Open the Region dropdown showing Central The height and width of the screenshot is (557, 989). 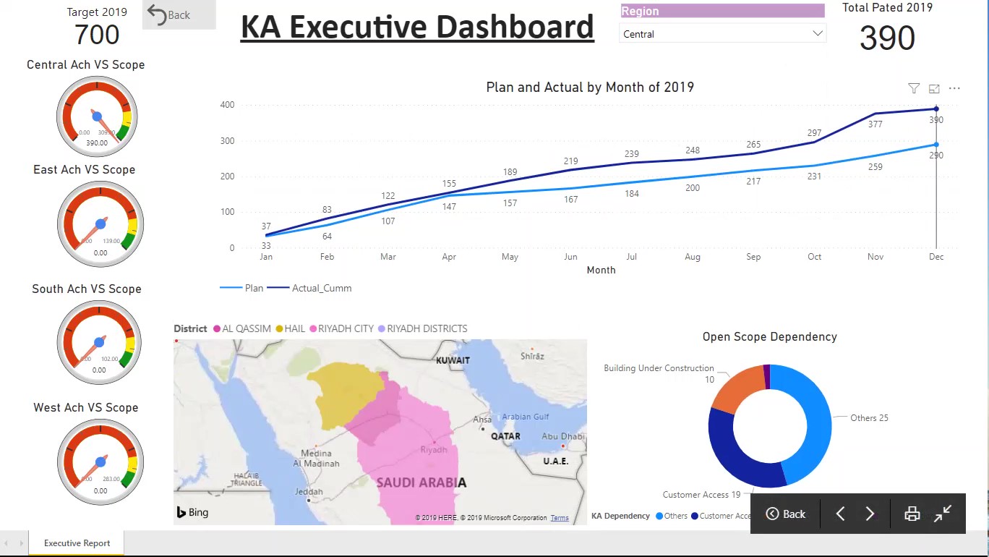click(722, 34)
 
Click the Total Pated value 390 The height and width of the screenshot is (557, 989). click(887, 38)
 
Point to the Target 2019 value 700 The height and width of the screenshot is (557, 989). click(97, 35)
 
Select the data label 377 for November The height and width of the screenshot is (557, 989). click(875, 124)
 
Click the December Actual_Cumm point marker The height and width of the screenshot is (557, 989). click(936, 109)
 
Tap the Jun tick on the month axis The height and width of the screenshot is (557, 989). click(570, 257)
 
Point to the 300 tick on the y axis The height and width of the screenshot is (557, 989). click(227, 140)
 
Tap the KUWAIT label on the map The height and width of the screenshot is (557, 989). click(453, 360)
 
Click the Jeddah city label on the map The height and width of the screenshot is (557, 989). click(309, 492)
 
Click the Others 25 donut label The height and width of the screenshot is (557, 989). click(869, 418)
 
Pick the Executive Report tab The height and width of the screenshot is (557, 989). click(77, 543)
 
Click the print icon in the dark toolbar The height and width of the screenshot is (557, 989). click(912, 514)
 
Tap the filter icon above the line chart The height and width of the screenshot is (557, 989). click(914, 88)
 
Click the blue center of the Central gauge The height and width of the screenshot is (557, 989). click(97, 116)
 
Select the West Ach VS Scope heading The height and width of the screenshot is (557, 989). click(85, 407)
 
